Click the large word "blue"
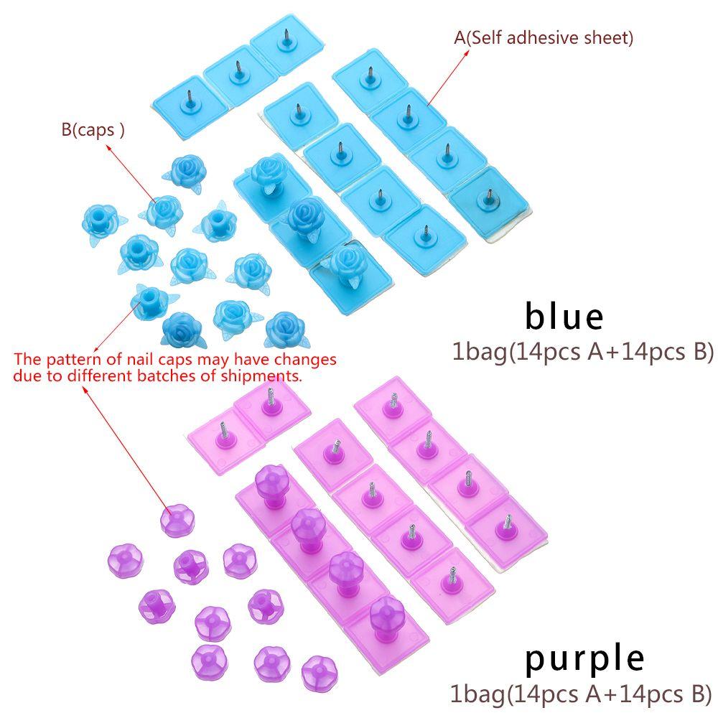pyautogui.click(x=564, y=315)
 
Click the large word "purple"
pyautogui.click(x=584, y=659)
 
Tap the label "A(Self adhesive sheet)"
pyautogui.click(x=544, y=37)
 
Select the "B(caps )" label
pyautogui.click(x=93, y=129)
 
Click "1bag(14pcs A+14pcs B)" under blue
pyautogui.click(x=583, y=352)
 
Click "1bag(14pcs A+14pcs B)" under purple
pyautogui.click(x=581, y=694)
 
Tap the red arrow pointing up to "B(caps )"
pyautogui.click(x=132, y=172)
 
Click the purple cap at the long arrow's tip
pyautogui.click(x=177, y=520)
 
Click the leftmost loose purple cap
pyautogui.click(x=125, y=561)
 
